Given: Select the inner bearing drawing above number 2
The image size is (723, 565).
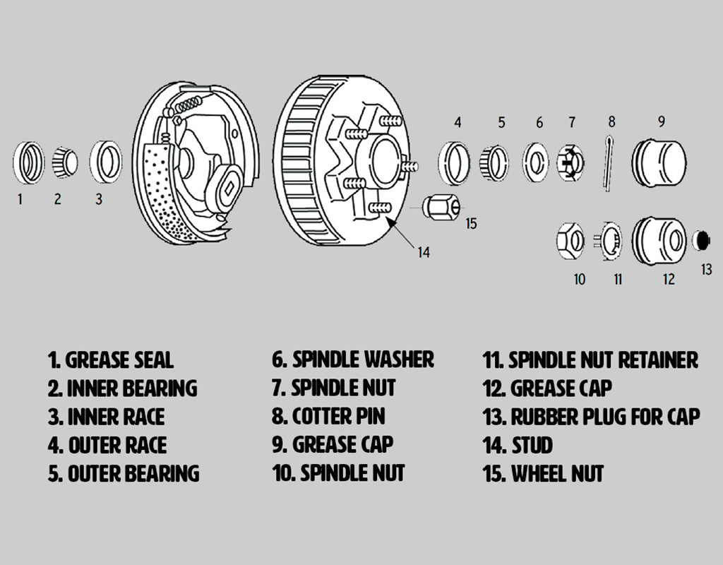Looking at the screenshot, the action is (x=65, y=162).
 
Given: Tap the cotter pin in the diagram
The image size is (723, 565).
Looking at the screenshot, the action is (x=608, y=162).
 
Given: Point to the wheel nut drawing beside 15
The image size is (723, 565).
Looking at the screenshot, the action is (x=441, y=208).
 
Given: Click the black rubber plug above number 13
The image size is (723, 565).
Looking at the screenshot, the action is (x=701, y=240).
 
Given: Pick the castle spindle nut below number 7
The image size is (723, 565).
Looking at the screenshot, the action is (x=570, y=163).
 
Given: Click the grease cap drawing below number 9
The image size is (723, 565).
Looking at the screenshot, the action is (x=659, y=163).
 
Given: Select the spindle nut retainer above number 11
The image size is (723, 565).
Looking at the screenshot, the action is (x=609, y=241).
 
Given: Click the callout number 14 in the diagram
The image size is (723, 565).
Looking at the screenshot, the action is (x=424, y=252).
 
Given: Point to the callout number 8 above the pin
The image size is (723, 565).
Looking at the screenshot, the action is (x=611, y=121).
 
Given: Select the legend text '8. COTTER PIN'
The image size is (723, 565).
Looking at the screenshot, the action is (x=328, y=416).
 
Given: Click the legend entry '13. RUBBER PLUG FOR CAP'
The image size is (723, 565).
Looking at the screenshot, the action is (x=591, y=417).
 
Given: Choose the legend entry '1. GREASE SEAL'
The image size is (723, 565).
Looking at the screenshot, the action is (x=111, y=360).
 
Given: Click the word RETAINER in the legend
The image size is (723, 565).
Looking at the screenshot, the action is (x=658, y=360).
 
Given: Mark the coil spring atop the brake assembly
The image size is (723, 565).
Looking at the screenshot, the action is (x=188, y=105).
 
